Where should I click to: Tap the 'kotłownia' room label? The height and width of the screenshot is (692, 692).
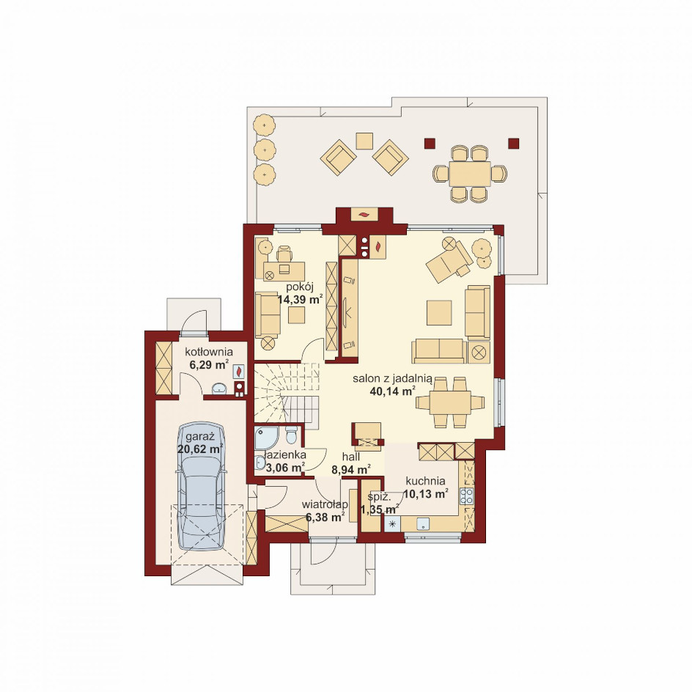pos(209,352)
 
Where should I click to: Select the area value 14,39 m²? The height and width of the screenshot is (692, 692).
pos(300,300)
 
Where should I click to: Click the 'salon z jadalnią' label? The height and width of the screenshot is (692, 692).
pos(392,379)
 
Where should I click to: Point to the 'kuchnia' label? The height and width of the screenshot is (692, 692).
pos(425,481)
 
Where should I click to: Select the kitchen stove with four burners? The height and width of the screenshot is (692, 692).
pos(466,496)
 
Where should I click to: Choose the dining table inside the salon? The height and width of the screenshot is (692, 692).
pos(451,402)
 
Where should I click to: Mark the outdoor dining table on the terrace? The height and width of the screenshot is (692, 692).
pos(471,174)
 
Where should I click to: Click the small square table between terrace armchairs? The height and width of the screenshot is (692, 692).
pos(365,141)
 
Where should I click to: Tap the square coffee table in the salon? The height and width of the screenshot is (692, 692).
pos(439,313)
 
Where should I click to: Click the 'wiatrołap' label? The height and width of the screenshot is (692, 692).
pos(325,504)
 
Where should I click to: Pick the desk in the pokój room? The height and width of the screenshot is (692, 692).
pos(284,271)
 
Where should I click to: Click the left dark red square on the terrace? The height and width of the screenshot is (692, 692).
pos(430,142)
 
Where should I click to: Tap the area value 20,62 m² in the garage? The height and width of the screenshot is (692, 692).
pos(200,449)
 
